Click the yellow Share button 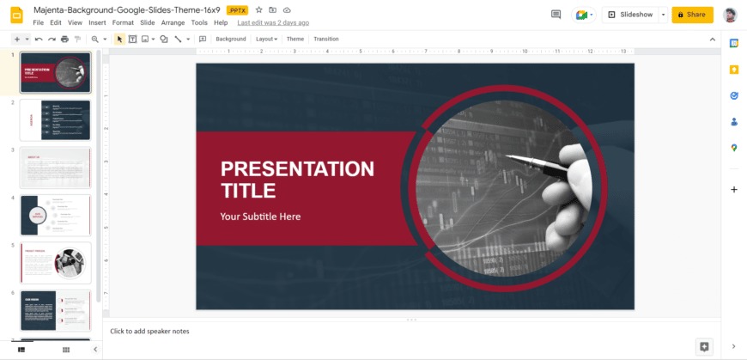point(692,15)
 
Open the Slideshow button point(630,15)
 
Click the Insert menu point(97,22)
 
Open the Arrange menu point(173,22)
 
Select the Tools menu point(199,22)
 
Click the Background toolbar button point(230,39)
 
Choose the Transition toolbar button point(325,39)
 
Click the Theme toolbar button point(295,39)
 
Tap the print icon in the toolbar point(64,39)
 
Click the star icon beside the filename point(259,9)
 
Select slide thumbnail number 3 point(55,168)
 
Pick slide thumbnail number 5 point(55,262)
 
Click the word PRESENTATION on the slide point(297,168)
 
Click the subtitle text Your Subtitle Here point(260,217)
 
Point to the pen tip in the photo point(508,156)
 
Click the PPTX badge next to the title point(237,9)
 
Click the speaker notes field point(343,331)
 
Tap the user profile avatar point(730,15)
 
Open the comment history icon point(556,15)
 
